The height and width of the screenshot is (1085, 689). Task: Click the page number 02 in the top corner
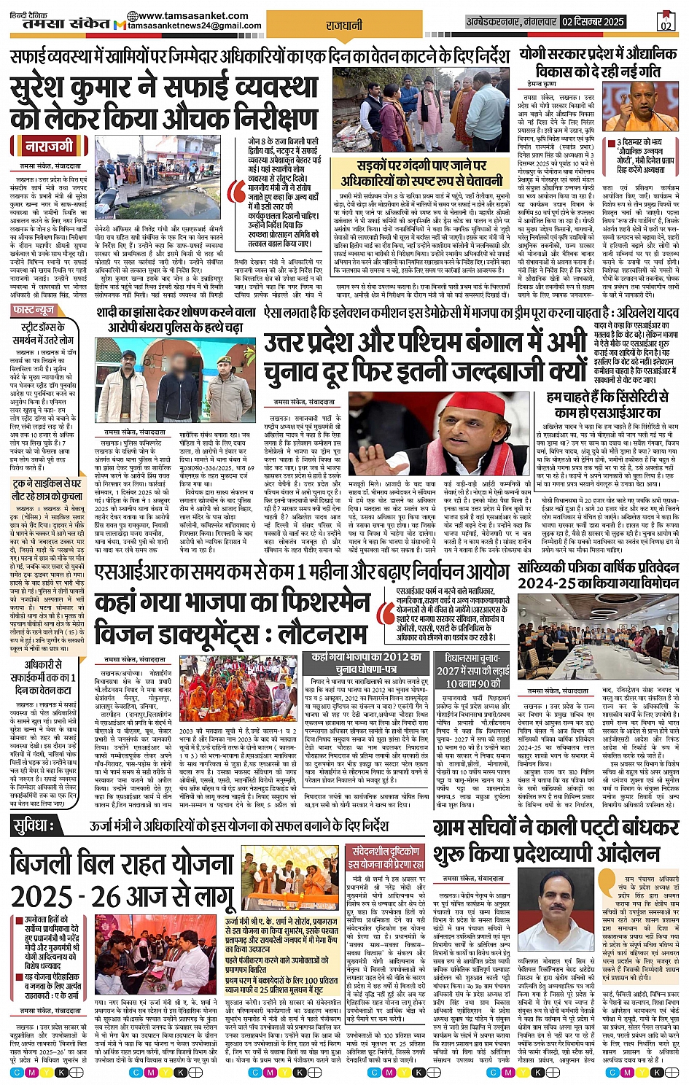point(665,22)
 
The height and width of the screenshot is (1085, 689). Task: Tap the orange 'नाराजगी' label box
point(50,146)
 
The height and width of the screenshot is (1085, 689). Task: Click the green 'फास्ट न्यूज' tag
point(34,311)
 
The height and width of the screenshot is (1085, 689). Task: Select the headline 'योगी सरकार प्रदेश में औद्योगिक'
point(598,54)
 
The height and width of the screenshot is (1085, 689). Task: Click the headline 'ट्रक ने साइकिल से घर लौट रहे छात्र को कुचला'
point(46,489)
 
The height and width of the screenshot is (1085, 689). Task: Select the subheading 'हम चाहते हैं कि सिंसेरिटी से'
point(607,397)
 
